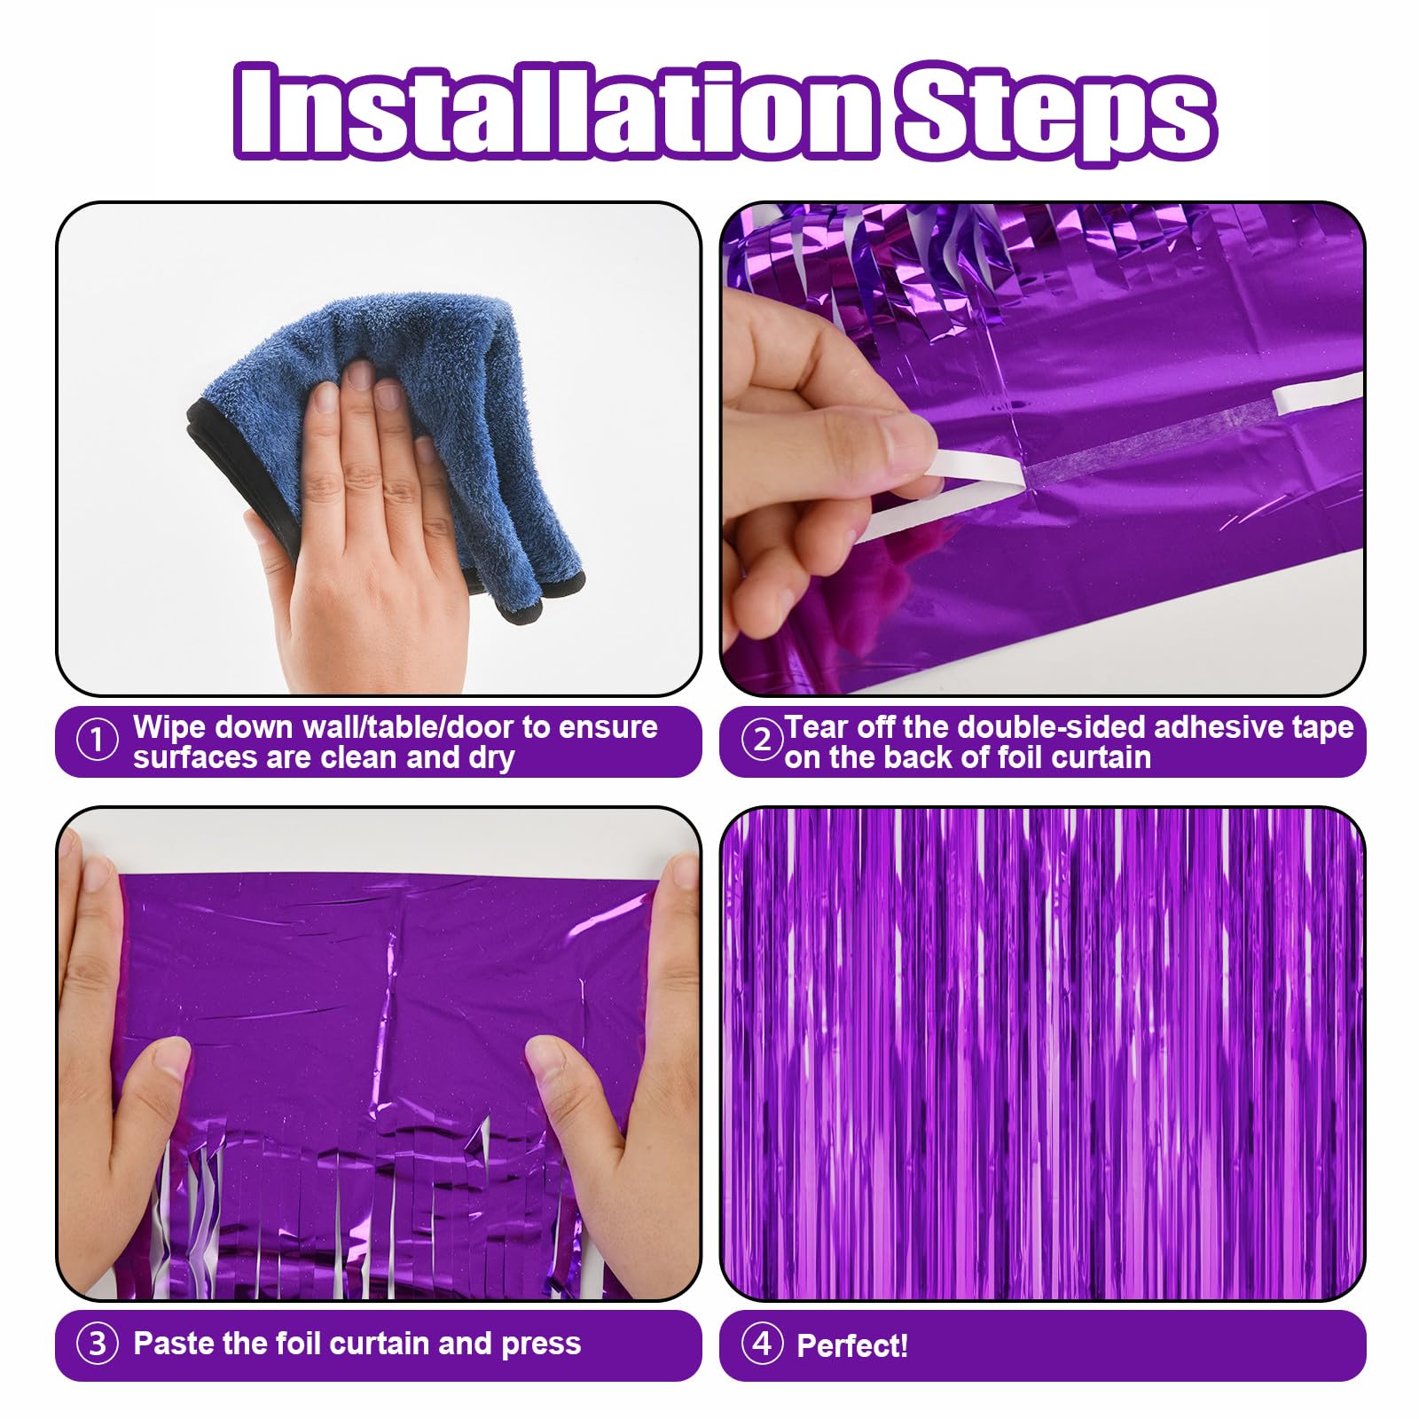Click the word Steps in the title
(1055, 111)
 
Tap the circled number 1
(98, 741)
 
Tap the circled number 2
(761, 739)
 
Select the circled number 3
(98, 1344)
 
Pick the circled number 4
(761, 1344)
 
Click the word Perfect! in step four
(852, 1345)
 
